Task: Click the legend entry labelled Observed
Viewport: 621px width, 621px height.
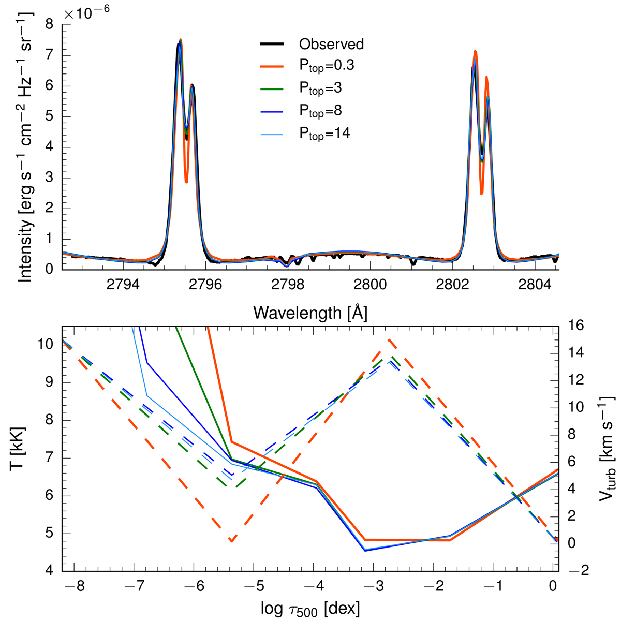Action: tap(331, 44)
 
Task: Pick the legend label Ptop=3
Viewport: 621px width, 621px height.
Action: tap(320, 88)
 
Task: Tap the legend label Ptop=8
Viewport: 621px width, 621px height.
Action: tap(320, 111)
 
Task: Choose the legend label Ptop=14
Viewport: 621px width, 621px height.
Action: tap(324, 133)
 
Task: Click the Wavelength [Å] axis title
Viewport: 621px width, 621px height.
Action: tap(310, 313)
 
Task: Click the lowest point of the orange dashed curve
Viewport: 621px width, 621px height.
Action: tap(231, 541)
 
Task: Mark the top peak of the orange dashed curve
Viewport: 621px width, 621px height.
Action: tap(388, 339)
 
